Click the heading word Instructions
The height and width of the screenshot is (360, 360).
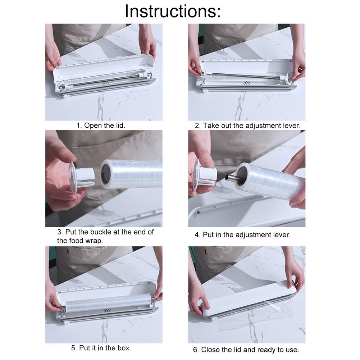pyautogui.click(x=173, y=12)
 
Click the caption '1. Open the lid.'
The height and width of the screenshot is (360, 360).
pyautogui.click(x=101, y=126)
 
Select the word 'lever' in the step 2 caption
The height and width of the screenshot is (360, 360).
pyautogui.click(x=291, y=126)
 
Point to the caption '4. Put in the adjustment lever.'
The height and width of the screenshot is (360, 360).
pyautogui.click(x=242, y=234)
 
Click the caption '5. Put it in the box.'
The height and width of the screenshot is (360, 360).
pyautogui.click(x=101, y=348)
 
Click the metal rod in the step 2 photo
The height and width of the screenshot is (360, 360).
pyautogui.click(x=245, y=76)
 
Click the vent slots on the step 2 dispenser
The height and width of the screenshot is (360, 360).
pyautogui.click(x=246, y=83)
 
